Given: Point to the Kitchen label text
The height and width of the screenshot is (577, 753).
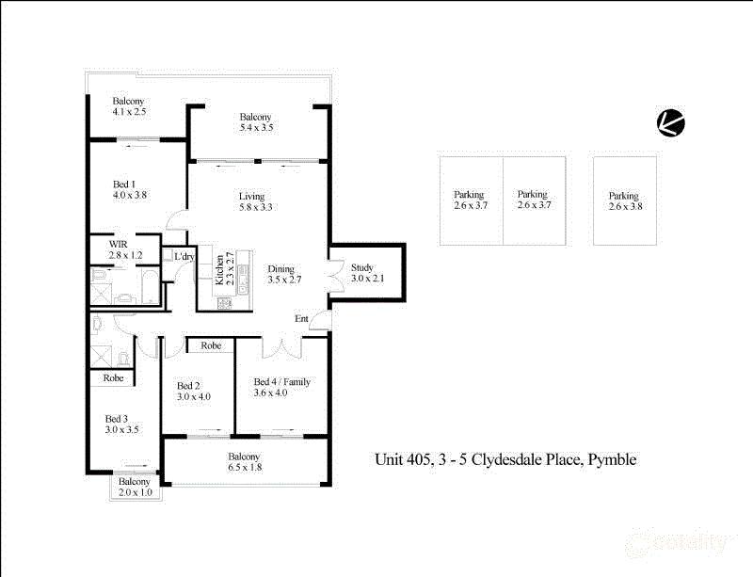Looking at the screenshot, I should click(219, 270).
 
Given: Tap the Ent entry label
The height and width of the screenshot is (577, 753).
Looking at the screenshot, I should click(301, 319).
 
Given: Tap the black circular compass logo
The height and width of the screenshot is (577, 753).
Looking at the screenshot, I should click(671, 122).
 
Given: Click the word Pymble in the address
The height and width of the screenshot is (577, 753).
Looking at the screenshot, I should click(614, 460).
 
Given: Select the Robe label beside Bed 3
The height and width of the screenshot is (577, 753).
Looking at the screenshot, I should click(113, 377).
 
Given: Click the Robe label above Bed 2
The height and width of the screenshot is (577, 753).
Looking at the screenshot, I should click(211, 345).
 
